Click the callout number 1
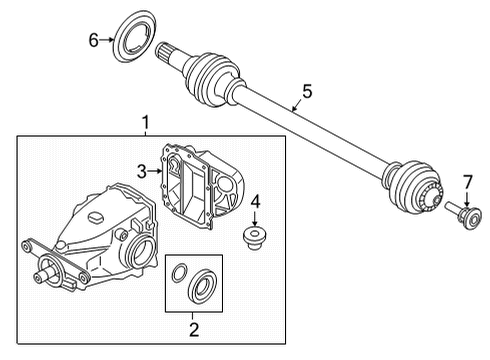(x=145, y=123)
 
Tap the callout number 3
(x=143, y=171)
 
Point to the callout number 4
(x=255, y=201)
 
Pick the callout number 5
(x=307, y=91)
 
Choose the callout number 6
(x=93, y=40)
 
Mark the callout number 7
(x=465, y=182)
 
